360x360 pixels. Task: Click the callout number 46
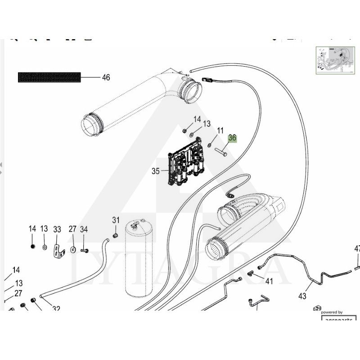click(106, 77)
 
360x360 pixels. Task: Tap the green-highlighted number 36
click(232, 138)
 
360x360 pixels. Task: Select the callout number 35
click(156, 171)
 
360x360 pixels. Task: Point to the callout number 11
click(220, 131)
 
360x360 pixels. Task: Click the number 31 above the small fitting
click(116, 220)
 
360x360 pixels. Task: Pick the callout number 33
click(57, 229)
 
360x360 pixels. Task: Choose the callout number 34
click(84, 229)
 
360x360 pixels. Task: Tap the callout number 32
click(56, 309)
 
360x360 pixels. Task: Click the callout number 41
click(269, 282)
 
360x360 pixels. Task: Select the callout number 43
click(302, 296)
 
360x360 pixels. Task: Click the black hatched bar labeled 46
click(49, 77)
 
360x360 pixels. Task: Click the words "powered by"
click(332, 312)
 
